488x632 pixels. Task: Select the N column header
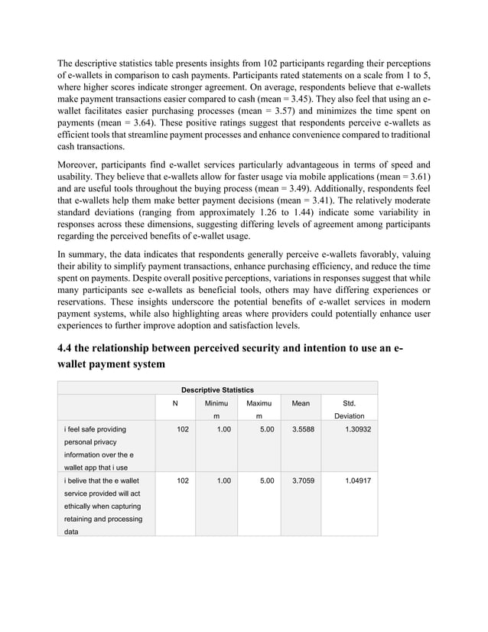pyautogui.click(x=175, y=402)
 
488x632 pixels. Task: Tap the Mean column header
pyautogui.click(x=301, y=402)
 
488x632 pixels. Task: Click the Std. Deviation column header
pyautogui.click(x=349, y=409)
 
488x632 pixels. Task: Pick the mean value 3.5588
pyautogui.click(x=301, y=430)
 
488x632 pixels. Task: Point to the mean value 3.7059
pyautogui.click(x=301, y=481)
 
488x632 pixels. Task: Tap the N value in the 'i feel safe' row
pyautogui.click(x=182, y=430)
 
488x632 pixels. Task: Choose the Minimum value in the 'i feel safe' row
pyautogui.click(x=223, y=430)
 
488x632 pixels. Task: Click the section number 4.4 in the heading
pyautogui.click(x=67, y=350)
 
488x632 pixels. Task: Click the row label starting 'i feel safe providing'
pyautogui.click(x=95, y=430)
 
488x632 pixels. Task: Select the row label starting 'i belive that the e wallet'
pyautogui.click(x=101, y=481)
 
